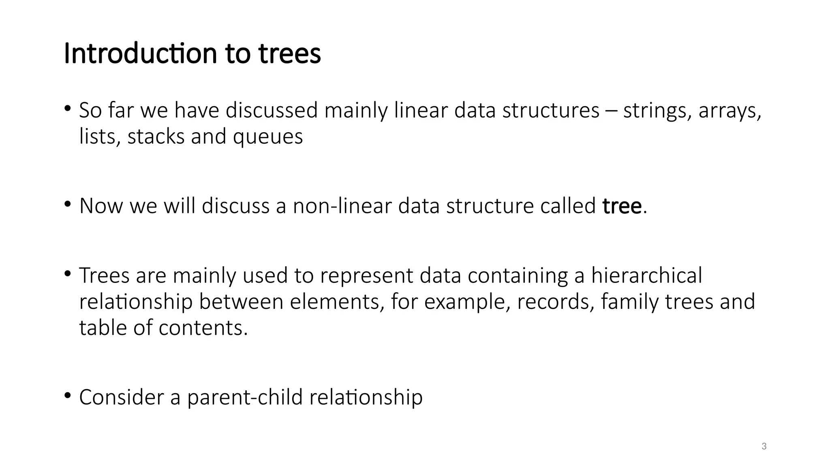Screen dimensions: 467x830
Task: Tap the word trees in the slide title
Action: point(290,54)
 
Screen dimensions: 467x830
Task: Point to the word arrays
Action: point(729,110)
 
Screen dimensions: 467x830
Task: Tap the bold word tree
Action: point(622,206)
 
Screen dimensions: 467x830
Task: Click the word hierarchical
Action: point(646,275)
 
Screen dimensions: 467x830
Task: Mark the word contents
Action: point(203,328)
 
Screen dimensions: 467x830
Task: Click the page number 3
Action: point(764,447)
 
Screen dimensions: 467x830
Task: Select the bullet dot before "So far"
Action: point(68,108)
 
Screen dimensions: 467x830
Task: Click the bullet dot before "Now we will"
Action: point(68,204)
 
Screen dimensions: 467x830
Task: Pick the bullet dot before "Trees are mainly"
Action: point(68,273)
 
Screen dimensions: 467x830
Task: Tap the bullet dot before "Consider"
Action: point(68,395)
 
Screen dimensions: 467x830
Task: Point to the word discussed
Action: point(272,110)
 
